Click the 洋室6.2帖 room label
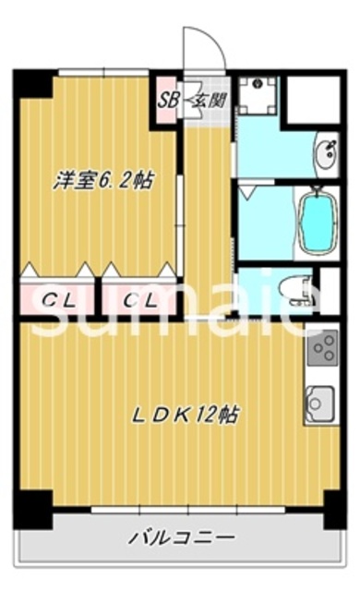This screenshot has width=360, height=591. tap(102, 181)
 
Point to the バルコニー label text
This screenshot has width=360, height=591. tap(181, 536)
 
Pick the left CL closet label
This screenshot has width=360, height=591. tap(57, 299)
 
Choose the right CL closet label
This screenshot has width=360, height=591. tap(138, 299)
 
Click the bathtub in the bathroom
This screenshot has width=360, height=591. tap(317, 223)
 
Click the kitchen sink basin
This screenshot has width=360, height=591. tap(318, 404)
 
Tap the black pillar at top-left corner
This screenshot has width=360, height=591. tap(32, 84)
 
